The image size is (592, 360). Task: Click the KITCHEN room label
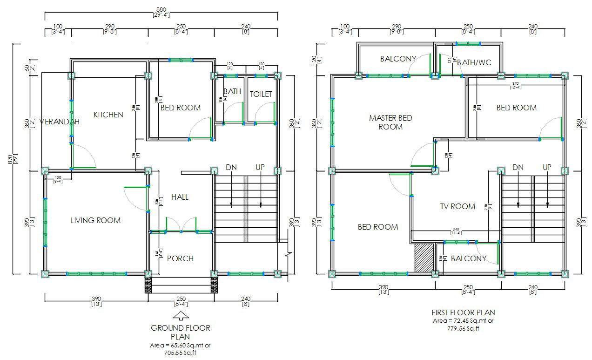pyautogui.click(x=108, y=115)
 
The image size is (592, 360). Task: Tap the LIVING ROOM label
pyautogui.click(x=95, y=220)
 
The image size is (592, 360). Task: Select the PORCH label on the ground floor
pyautogui.click(x=180, y=258)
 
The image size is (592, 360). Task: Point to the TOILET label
pyautogui.click(x=261, y=94)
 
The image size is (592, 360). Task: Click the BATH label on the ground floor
pyautogui.click(x=232, y=92)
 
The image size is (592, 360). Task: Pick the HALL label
pyautogui.click(x=180, y=197)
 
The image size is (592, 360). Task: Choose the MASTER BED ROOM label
pyautogui.click(x=390, y=122)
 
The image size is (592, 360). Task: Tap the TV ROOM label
pyautogui.click(x=457, y=206)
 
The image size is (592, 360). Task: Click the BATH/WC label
pyautogui.click(x=474, y=62)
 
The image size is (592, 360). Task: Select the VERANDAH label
pyautogui.click(x=59, y=122)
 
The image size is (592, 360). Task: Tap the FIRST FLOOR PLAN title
pyautogui.click(x=463, y=312)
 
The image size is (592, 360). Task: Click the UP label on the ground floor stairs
pyautogui.click(x=260, y=167)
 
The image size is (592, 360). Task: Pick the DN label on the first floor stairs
pyautogui.click(x=518, y=167)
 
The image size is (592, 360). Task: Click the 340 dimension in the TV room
pyautogui.click(x=456, y=229)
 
